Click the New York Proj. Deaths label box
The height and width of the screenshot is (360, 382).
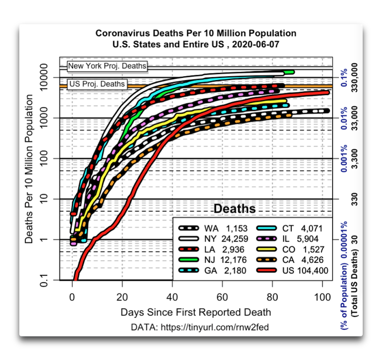pos(107,67)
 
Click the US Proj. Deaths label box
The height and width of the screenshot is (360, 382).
pos(97,84)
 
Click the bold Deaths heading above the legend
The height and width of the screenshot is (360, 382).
pos(235,209)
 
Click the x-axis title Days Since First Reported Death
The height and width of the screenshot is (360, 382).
pos(196,312)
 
